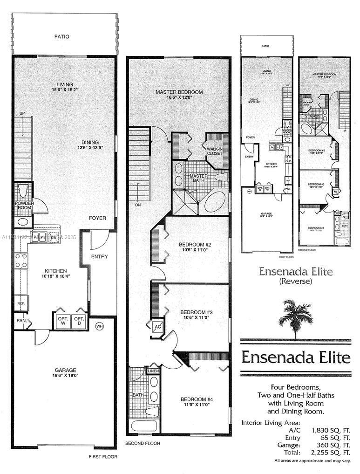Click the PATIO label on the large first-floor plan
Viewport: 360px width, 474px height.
pos(61,36)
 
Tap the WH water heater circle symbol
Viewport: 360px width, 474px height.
pos(99,326)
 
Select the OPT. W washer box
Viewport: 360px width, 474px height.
pos(63,321)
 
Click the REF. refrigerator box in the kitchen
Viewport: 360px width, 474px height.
pos(21,303)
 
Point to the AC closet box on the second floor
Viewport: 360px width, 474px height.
pos(157,327)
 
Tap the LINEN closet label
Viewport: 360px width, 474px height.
pos(153,371)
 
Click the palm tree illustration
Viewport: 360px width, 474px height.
pos(295,317)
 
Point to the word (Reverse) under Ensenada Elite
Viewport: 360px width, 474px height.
pos(295,281)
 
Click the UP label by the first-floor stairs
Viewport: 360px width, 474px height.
pos(22,113)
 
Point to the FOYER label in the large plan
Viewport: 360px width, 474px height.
pos(98,218)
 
